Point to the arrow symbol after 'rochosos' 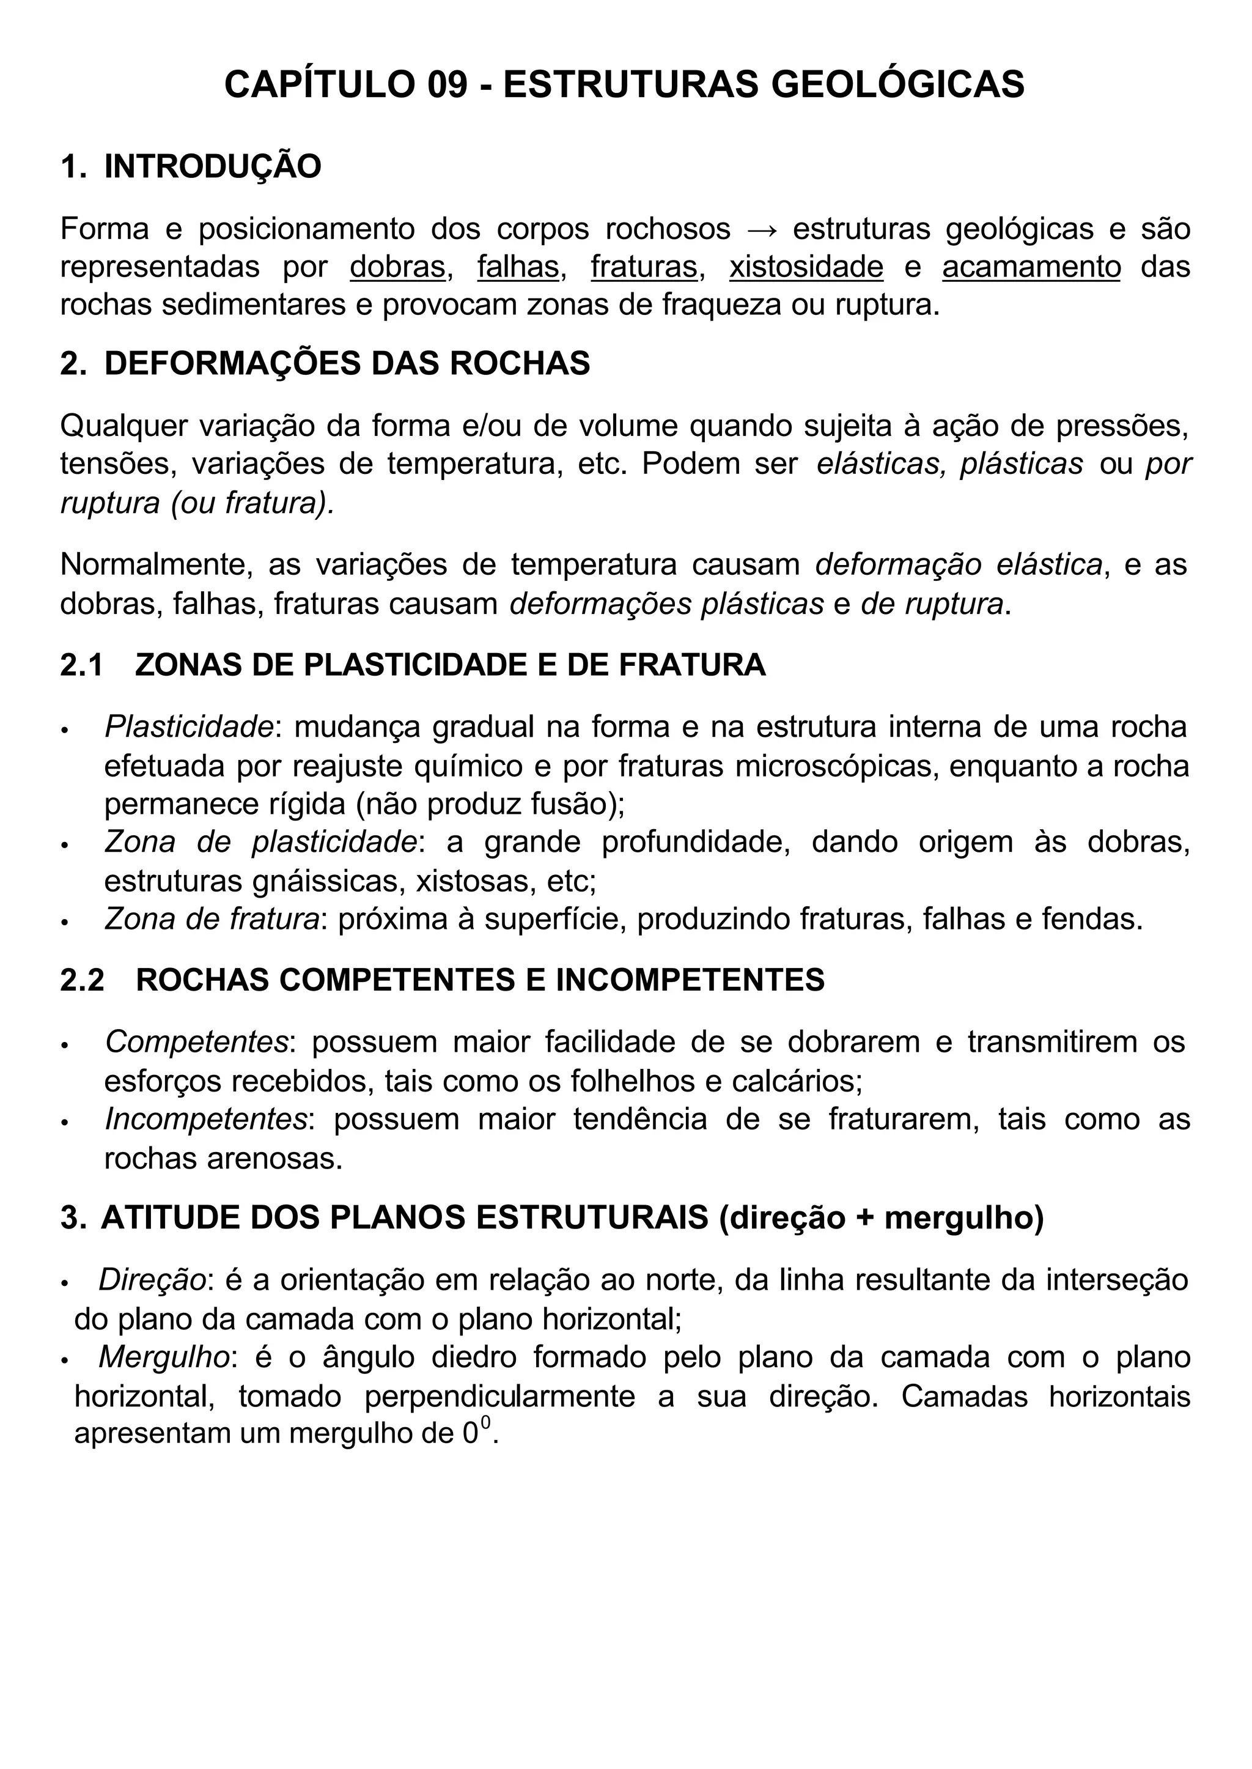click(762, 229)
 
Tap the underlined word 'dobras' click(397, 267)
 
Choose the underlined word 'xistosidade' click(806, 267)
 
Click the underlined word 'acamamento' click(1031, 267)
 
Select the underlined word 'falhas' click(517, 267)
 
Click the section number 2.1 click(82, 665)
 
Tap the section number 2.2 click(82, 980)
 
